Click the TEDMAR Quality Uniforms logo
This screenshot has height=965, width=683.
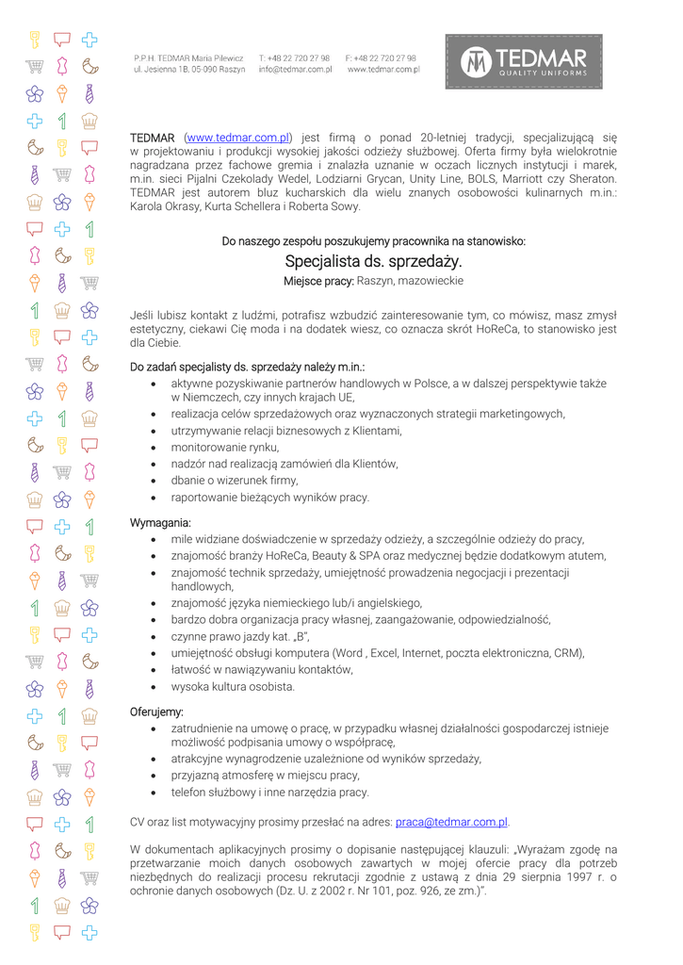pyautogui.click(x=523, y=62)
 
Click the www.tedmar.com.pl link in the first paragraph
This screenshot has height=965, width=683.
pyautogui.click(x=237, y=138)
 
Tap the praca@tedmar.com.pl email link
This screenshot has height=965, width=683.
pyautogui.click(x=451, y=822)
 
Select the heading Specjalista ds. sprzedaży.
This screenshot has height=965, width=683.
pyautogui.click(x=373, y=261)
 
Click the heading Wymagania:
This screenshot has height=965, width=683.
pyautogui.click(x=160, y=522)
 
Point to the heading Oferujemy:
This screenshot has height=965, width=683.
pyautogui.click(x=156, y=711)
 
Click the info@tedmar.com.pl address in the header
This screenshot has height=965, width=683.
pyautogui.click(x=295, y=70)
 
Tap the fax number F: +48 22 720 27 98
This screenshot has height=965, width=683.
pyautogui.click(x=381, y=58)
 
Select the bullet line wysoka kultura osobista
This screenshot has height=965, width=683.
pyautogui.click(x=233, y=686)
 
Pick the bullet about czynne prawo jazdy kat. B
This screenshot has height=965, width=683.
pyautogui.click(x=240, y=636)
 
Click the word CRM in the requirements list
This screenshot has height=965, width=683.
pyautogui.click(x=568, y=652)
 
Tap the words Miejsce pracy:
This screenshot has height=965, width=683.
pyautogui.click(x=318, y=281)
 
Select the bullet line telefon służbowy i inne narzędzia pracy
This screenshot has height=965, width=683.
pyautogui.click(x=269, y=792)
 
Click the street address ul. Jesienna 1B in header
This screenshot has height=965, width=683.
pyautogui.click(x=164, y=70)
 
